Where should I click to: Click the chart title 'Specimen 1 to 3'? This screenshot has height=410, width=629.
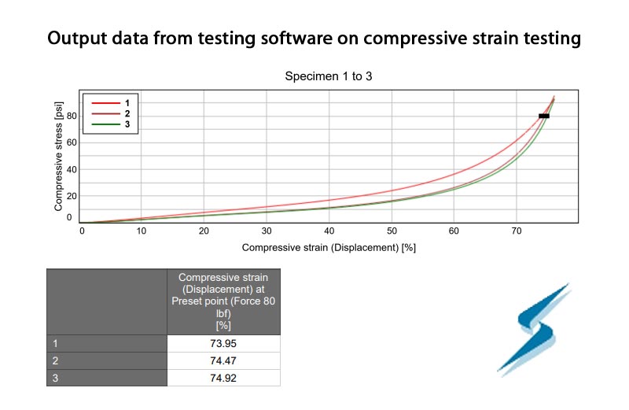(x=329, y=76)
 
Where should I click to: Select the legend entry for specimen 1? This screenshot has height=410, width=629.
(x=111, y=103)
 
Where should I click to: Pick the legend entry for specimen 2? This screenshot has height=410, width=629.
(x=111, y=113)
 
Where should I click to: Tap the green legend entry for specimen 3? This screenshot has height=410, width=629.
(x=111, y=124)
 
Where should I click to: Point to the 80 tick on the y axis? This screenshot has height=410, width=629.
(x=72, y=116)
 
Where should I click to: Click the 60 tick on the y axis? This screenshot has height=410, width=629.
(x=72, y=142)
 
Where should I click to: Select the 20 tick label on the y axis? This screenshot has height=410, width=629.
(x=72, y=196)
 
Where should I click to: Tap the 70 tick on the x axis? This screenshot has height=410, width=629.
(x=517, y=231)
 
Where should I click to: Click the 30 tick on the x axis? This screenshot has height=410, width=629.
(x=267, y=231)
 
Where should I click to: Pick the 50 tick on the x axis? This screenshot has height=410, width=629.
(x=392, y=231)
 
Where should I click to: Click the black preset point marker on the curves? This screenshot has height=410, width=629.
(x=544, y=116)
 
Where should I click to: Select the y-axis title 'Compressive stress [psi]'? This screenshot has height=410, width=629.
(x=58, y=157)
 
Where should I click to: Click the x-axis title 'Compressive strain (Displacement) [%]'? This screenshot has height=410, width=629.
(x=329, y=247)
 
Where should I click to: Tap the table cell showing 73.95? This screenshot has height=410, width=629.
(x=223, y=344)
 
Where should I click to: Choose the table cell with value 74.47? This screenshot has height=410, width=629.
(x=223, y=361)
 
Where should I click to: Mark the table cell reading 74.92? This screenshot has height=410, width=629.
(x=223, y=378)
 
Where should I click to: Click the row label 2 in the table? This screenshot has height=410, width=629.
(x=55, y=361)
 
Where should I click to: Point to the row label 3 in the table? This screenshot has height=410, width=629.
(x=55, y=378)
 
